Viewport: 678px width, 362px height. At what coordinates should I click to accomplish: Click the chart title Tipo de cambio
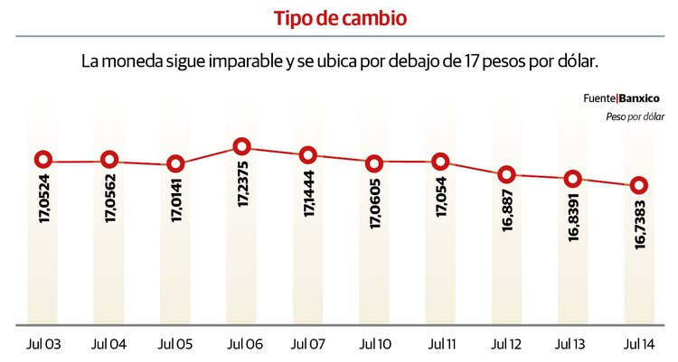pyautogui.click(x=338, y=18)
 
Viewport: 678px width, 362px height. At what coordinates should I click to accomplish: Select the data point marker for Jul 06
pyautogui.click(x=241, y=146)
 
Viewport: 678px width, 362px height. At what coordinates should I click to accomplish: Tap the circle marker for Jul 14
pyautogui.click(x=639, y=185)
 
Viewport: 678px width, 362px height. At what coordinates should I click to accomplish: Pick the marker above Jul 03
pyautogui.click(x=42, y=161)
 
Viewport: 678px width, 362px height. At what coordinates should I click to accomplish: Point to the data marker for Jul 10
pyautogui.click(x=374, y=163)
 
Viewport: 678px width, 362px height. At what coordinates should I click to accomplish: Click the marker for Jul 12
pyautogui.click(x=507, y=174)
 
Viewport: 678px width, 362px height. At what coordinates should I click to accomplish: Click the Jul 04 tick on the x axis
pyautogui.click(x=108, y=345)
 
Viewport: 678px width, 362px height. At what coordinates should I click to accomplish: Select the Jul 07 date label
pyautogui.click(x=308, y=345)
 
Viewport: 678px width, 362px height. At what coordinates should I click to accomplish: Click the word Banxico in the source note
pyautogui.click(x=639, y=97)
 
